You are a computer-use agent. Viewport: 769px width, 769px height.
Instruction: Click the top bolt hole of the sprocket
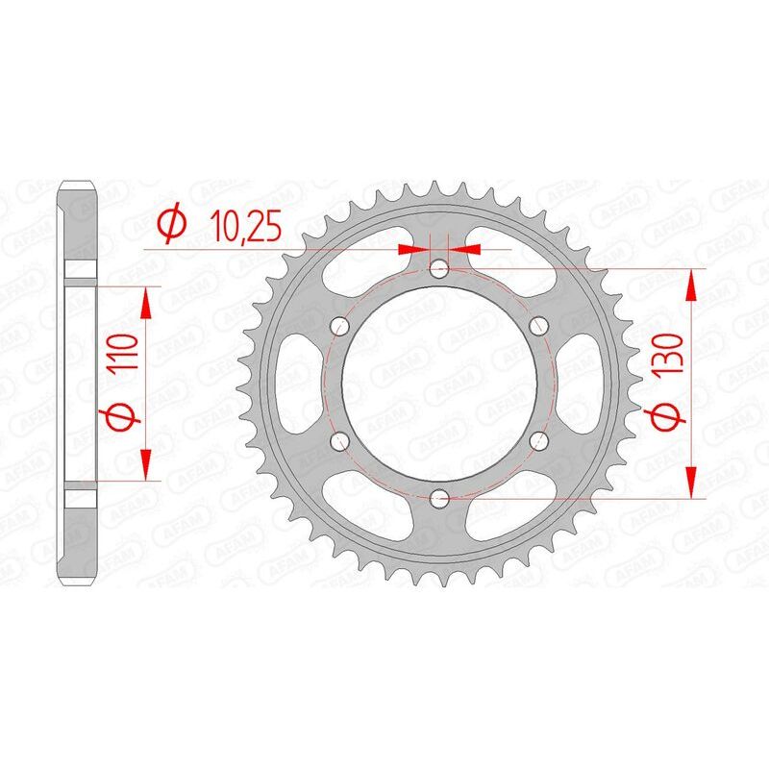[x=439, y=267]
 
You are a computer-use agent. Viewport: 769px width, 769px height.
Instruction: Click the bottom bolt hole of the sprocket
[x=439, y=498]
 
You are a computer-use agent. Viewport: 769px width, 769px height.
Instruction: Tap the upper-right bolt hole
[x=538, y=324]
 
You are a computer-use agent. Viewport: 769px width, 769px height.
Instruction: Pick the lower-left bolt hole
[x=339, y=440]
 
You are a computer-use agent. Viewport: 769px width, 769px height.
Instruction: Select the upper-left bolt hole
[x=339, y=325]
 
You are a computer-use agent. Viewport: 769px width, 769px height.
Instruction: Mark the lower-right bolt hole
[x=538, y=440]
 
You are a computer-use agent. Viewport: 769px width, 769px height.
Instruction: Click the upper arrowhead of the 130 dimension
[x=691, y=283]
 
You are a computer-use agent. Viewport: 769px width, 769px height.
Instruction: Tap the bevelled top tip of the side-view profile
[x=81, y=186]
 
